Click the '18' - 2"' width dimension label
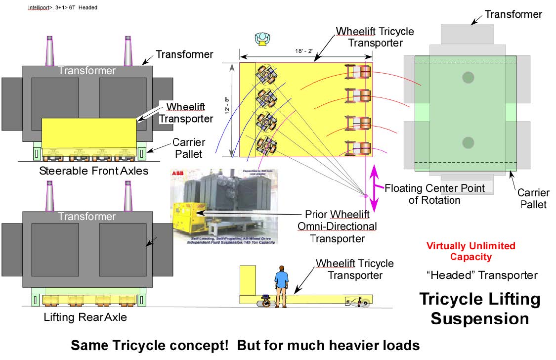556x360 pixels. tap(305, 50)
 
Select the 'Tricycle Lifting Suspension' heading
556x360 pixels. tap(479, 309)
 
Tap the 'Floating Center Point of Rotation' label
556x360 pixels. tap(435, 194)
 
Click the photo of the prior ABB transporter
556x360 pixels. tap(223, 207)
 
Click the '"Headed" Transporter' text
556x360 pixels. tap(481, 275)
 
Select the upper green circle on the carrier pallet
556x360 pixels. tap(468, 77)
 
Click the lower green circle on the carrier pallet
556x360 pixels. tap(468, 143)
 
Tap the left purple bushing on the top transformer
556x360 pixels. tap(49, 51)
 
